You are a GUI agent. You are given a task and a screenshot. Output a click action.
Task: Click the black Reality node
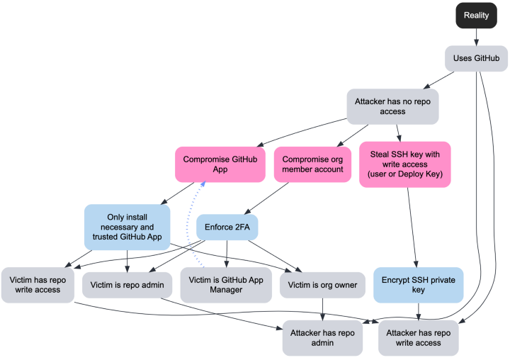point(476,15)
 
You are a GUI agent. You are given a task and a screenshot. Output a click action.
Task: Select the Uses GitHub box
point(476,58)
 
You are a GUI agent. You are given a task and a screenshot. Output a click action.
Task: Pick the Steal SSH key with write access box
point(404,164)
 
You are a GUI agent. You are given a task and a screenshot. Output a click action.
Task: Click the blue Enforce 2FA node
point(227,227)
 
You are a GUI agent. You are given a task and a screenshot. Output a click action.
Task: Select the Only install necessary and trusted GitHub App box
point(127,227)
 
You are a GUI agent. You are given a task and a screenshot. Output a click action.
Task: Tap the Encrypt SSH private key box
point(418,285)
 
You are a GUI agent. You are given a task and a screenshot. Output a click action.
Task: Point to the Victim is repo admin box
point(127,285)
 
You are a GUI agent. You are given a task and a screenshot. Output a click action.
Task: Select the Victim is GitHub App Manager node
point(225,285)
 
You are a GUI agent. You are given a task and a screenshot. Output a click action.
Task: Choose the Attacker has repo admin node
point(323,337)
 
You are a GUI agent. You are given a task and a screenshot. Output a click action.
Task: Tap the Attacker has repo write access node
point(418,337)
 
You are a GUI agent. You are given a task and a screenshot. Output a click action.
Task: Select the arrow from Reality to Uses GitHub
point(476,37)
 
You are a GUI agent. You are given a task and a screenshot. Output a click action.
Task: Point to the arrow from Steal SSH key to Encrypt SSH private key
point(412,227)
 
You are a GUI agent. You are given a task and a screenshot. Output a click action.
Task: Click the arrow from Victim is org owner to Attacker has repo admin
point(323,310)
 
